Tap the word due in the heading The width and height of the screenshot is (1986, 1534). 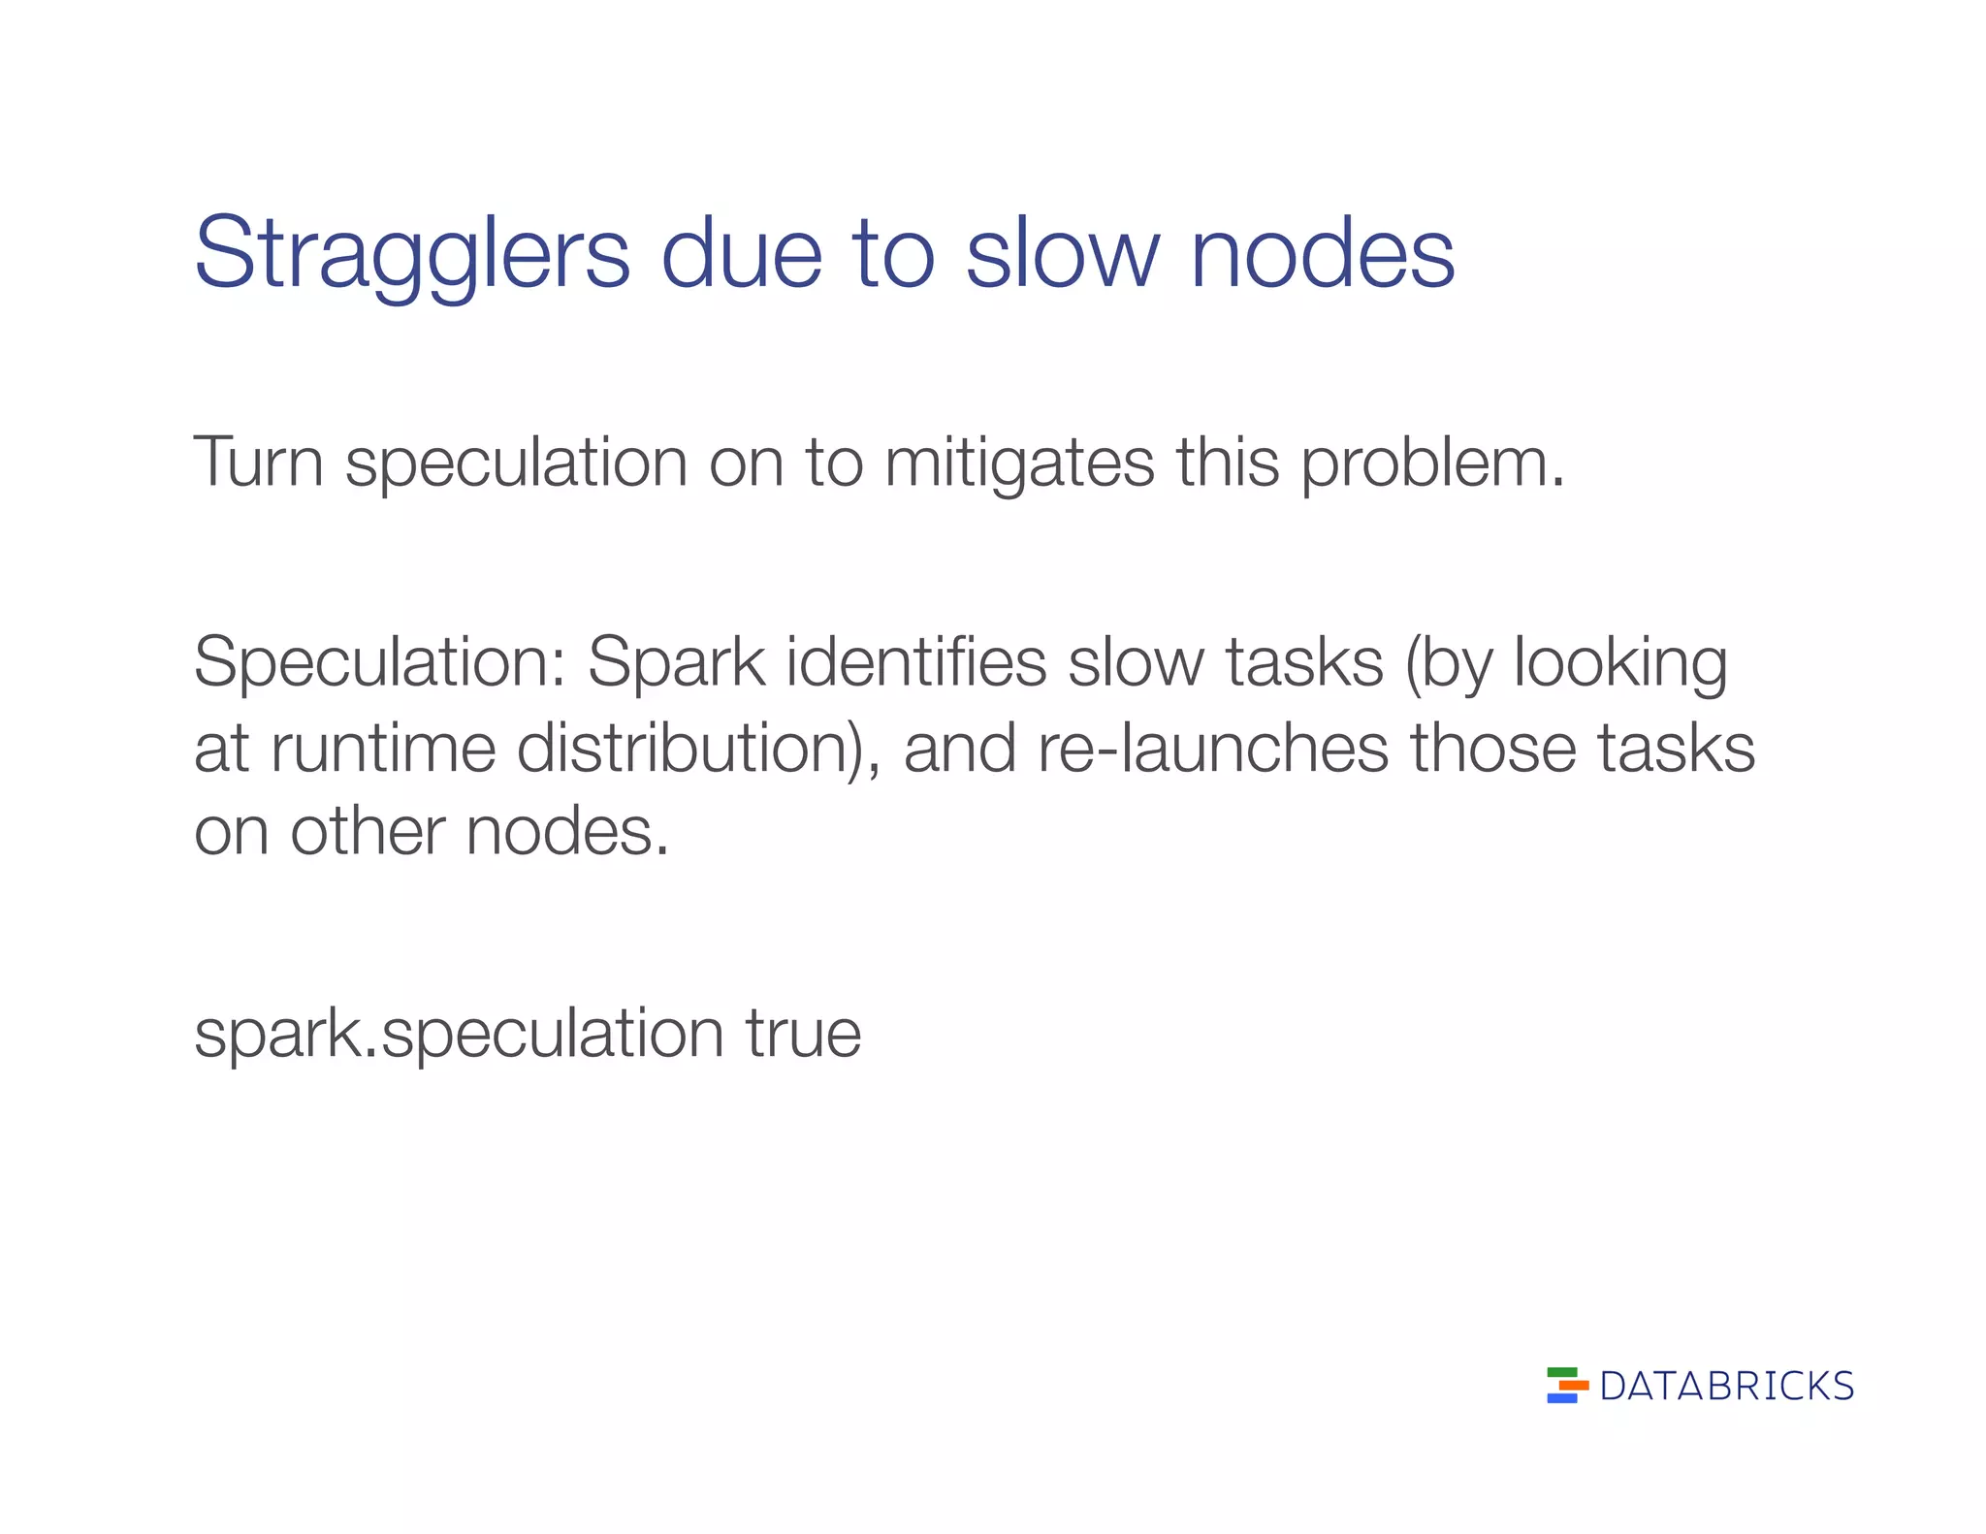(742, 254)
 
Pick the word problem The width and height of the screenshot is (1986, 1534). (1431, 463)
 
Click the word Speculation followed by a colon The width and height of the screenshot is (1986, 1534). (379, 663)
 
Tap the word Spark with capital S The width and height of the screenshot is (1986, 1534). (676, 661)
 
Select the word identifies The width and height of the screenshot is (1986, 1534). (915, 661)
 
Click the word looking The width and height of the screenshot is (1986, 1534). (1620, 663)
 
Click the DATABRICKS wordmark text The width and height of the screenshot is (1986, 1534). (1727, 1387)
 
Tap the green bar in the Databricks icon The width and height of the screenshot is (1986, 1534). (1561, 1372)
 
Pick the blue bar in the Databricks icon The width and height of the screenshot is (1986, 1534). (1561, 1398)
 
